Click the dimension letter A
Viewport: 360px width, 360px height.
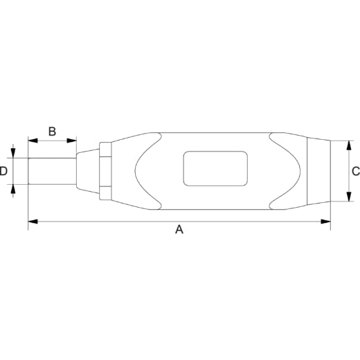click(x=179, y=230)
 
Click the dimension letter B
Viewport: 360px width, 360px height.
click(x=52, y=132)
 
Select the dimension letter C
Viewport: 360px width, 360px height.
click(x=356, y=171)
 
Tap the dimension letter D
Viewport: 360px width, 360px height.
click(x=3, y=171)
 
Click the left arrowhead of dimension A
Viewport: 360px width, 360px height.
click(x=33, y=222)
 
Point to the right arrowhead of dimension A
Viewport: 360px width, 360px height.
click(x=325, y=222)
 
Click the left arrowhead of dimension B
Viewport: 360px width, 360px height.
click(x=33, y=141)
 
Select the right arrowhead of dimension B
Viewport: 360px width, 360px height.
click(x=71, y=141)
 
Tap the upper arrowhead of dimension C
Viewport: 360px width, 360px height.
click(x=349, y=145)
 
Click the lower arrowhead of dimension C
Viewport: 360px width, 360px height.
click(x=349, y=197)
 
